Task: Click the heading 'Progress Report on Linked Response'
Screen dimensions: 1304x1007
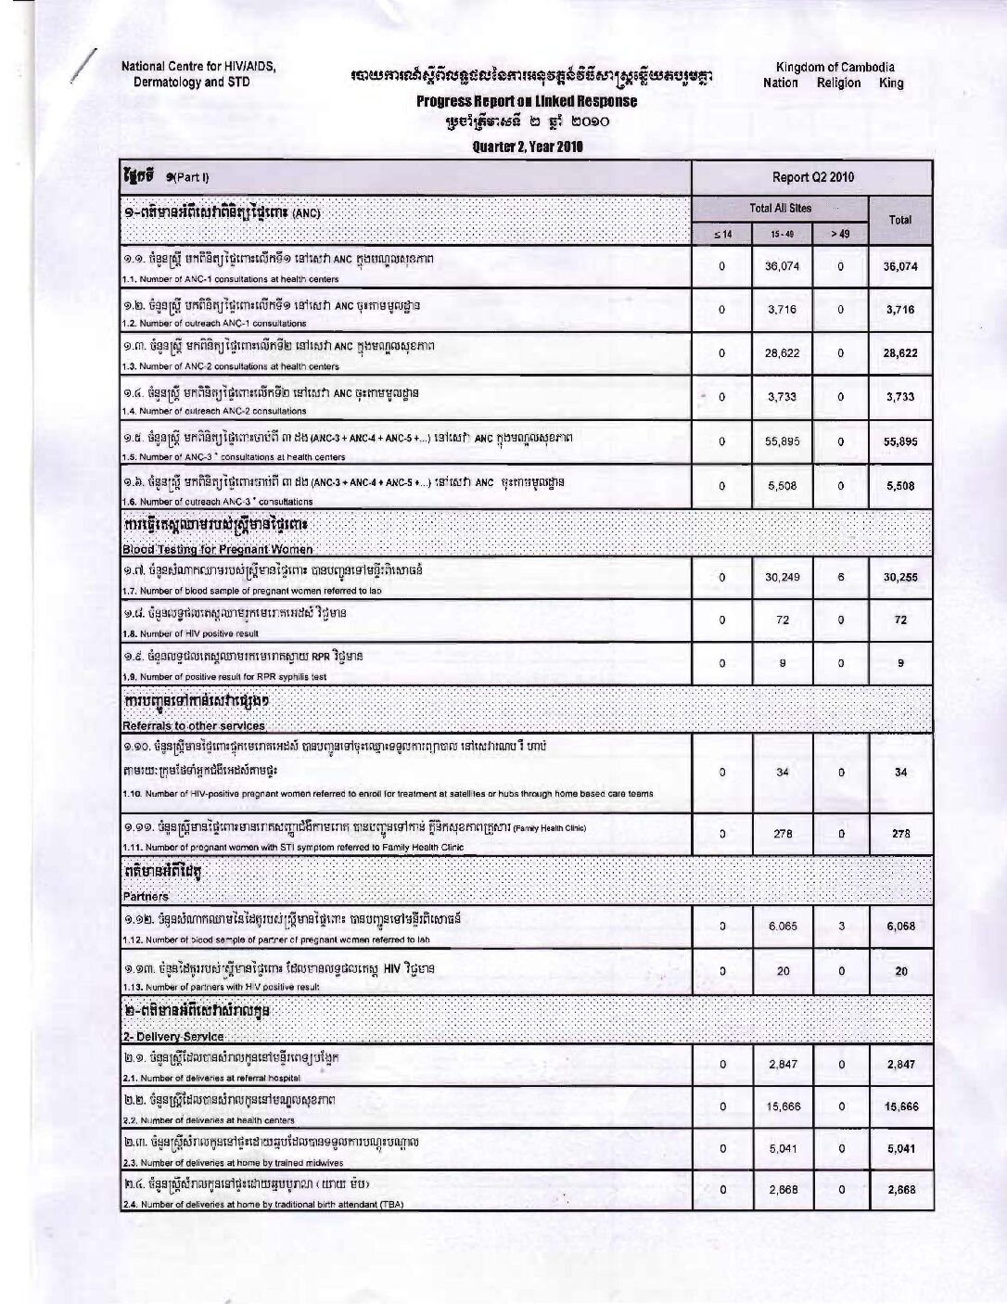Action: tap(526, 101)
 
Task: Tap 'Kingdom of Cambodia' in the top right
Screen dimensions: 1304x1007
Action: tap(835, 67)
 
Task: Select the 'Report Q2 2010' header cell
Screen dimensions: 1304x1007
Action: tap(812, 177)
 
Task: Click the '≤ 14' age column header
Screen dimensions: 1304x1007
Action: tap(721, 235)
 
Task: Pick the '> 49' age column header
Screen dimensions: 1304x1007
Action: tap(840, 235)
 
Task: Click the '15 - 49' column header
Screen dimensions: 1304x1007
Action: tap(782, 235)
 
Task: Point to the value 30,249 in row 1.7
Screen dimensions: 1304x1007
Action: tap(783, 577)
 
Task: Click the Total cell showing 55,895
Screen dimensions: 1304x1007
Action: tap(899, 441)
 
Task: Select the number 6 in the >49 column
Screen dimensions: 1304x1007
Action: tap(840, 577)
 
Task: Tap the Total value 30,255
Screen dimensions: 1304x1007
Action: tap(899, 577)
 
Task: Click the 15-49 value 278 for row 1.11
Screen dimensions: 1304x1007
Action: tap(783, 834)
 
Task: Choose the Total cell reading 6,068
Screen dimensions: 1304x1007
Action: tap(899, 926)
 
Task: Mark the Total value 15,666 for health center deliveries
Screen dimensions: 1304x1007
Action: tap(899, 1106)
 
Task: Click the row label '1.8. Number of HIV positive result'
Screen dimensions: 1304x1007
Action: tap(189, 633)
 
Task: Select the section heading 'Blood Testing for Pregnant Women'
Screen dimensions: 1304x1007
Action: tap(217, 549)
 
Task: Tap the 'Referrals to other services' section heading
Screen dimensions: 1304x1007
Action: tap(193, 725)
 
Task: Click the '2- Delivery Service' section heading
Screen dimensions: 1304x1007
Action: tap(172, 1036)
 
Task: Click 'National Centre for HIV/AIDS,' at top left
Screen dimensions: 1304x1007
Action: tap(200, 67)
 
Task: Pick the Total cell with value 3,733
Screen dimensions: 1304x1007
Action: tap(899, 397)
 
